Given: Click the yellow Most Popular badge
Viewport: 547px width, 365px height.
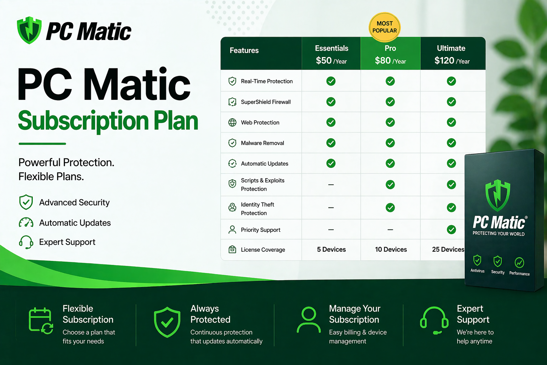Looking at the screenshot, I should point(385,27).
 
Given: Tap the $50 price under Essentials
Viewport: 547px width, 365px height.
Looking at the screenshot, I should point(324,61).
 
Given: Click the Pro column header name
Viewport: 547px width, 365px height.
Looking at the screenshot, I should point(390,48).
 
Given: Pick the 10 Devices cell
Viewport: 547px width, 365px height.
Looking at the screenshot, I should point(391,250).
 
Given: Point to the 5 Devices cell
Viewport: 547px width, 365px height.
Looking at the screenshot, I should point(331,250).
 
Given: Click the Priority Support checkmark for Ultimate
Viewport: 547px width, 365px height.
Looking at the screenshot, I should point(451,230).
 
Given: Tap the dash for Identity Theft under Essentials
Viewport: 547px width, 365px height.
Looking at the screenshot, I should point(331,207).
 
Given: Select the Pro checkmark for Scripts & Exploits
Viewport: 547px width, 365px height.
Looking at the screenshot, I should point(390,185).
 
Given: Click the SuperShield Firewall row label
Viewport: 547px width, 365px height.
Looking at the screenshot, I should point(266,102).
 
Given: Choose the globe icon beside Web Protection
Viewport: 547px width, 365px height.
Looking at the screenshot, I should point(232,123).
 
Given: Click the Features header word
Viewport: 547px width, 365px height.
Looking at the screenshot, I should point(244,51).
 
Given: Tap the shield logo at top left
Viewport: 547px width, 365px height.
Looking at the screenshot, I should point(29,30).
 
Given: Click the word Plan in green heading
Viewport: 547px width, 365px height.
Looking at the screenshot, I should point(176,121).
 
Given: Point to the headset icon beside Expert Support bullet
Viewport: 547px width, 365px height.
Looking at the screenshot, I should point(26,242).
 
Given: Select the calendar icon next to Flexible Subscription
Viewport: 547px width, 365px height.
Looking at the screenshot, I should point(41,320).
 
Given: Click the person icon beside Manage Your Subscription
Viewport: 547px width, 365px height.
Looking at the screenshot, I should point(308,320).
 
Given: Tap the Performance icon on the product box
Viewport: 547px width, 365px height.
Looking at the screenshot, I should point(519,263).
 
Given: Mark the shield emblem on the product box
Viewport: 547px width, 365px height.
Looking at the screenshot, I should point(498,195).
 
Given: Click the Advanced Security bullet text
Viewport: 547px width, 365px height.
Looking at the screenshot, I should point(74,202).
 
